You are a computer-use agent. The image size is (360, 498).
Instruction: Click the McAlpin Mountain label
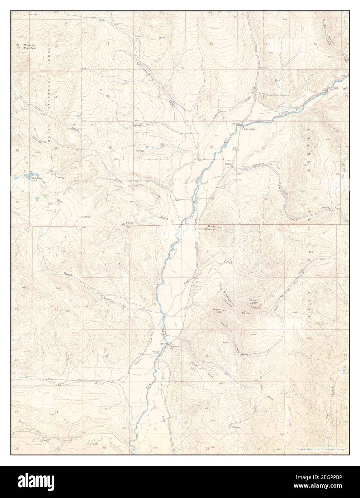30,46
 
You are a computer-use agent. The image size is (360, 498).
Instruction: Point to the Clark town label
228,164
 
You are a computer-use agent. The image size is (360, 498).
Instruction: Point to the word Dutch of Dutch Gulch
68,275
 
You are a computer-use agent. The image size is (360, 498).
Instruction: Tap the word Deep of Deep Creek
45,440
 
